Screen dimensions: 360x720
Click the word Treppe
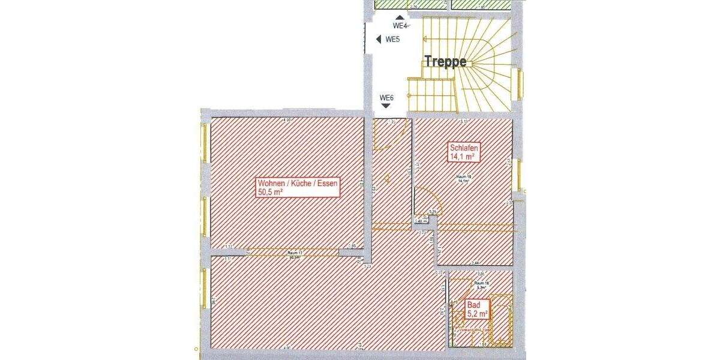coord(446,61)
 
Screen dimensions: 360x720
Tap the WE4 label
coord(400,26)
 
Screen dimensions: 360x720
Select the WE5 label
coord(392,40)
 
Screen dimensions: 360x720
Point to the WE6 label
coord(386,98)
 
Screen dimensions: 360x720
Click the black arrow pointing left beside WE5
coord(379,40)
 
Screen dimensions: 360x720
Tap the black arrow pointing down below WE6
coord(386,106)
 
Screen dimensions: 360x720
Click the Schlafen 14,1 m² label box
coord(463,152)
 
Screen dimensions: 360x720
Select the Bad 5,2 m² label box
coord(478,310)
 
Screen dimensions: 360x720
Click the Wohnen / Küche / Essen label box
coord(297,187)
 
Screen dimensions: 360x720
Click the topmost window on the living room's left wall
coord(205,143)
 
